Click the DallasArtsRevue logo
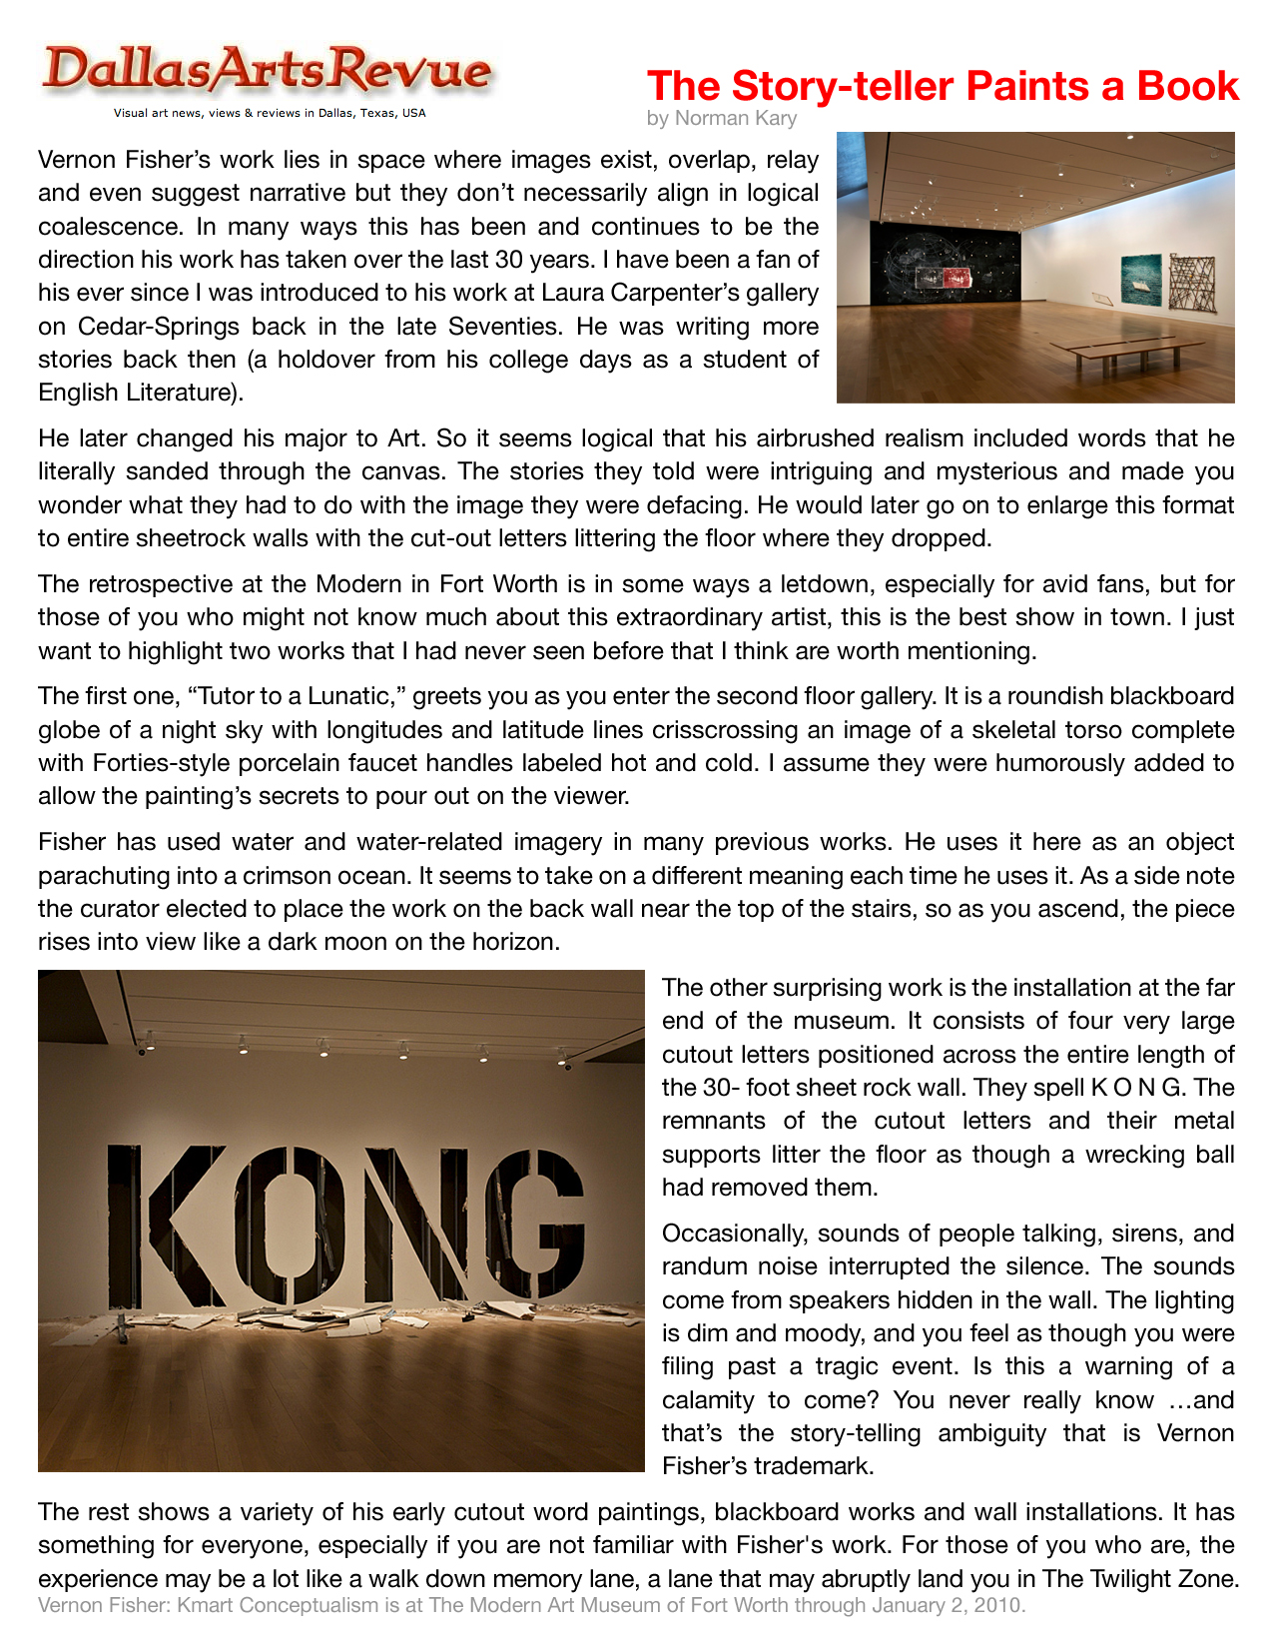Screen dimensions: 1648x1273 (x=267, y=71)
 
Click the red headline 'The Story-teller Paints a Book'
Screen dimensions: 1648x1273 (x=943, y=87)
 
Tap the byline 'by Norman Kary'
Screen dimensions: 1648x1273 (x=721, y=119)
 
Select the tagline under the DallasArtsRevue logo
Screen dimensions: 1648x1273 (x=270, y=113)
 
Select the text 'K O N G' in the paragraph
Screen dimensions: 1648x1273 (x=1134, y=1089)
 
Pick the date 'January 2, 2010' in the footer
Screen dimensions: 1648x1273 (x=947, y=1606)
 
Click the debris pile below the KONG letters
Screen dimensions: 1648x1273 (x=339, y=1318)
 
